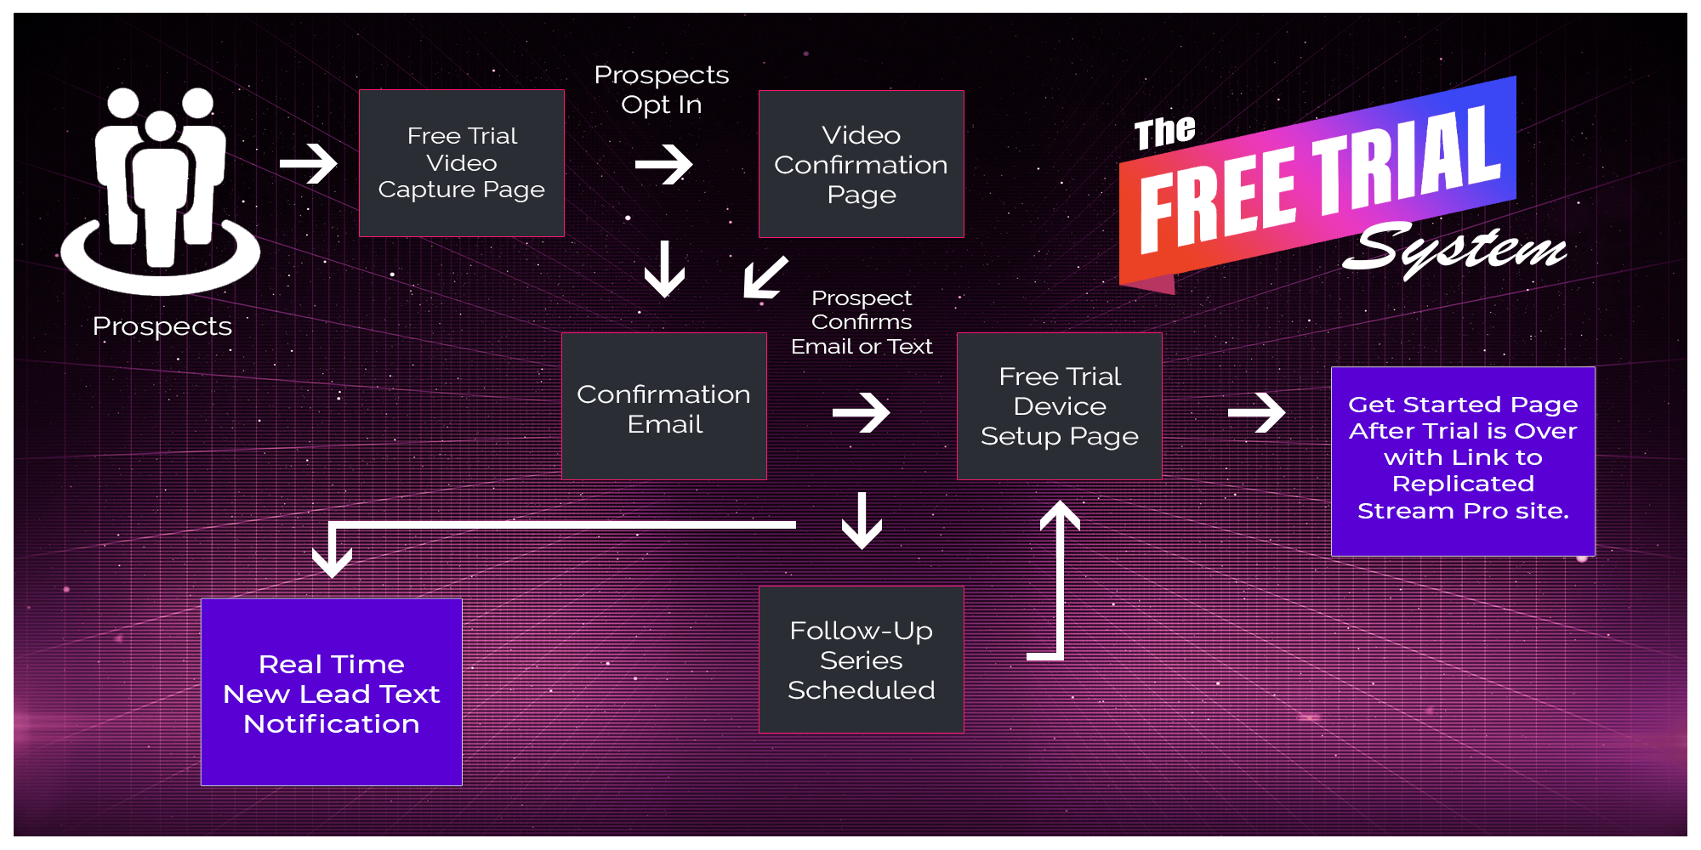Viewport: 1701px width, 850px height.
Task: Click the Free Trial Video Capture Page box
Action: point(461,163)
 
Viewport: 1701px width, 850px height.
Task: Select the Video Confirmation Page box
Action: point(861,164)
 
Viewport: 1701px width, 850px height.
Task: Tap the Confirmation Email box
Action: point(663,406)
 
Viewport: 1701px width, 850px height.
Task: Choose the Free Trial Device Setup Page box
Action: point(1059,406)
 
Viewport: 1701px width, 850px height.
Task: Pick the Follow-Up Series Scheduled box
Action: point(861,660)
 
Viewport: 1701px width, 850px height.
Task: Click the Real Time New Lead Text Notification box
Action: point(331,693)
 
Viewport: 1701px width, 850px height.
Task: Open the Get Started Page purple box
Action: point(1462,461)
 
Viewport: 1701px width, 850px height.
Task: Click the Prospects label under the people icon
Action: point(162,326)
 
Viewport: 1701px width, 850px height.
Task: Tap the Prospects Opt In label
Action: point(661,89)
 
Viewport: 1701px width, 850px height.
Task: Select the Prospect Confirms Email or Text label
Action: point(861,322)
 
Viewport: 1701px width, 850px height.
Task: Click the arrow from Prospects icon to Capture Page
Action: point(309,163)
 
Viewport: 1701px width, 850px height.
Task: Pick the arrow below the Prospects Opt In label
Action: point(663,164)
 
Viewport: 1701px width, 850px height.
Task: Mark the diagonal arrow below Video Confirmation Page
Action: point(765,277)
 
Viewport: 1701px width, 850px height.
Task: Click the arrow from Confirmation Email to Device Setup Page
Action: point(861,412)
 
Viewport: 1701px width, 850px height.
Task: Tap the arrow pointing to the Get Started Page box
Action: point(1256,412)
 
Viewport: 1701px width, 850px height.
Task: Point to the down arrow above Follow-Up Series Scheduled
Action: point(862,521)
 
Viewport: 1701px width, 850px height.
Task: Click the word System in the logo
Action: point(1454,249)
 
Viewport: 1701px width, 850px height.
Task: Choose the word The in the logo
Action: point(1164,133)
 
